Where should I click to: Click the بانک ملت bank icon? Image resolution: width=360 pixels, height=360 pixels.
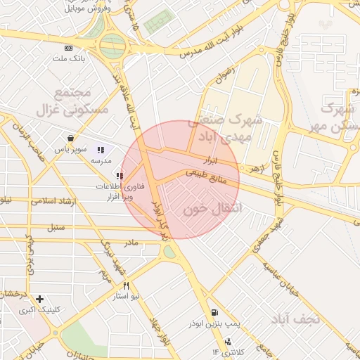(67, 48)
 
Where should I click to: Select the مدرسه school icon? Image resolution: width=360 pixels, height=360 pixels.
(101, 149)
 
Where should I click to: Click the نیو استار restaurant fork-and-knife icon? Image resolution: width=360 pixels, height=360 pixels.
(127, 285)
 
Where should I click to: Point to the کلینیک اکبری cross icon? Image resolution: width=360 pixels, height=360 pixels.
(40, 299)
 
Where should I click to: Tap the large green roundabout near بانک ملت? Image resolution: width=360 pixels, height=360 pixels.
(112, 46)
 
